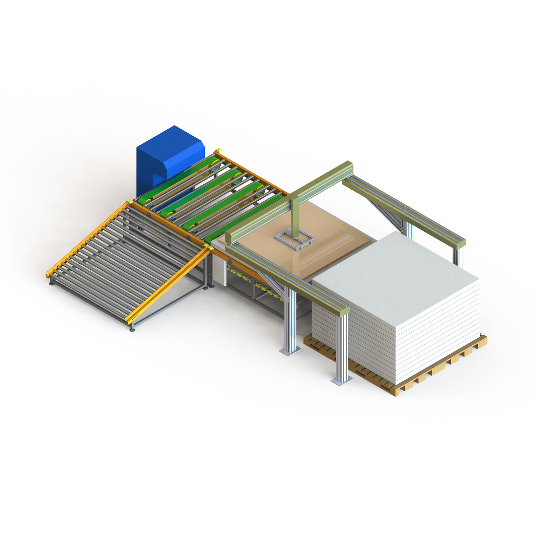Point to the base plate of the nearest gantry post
(342, 381)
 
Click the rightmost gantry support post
(458, 256)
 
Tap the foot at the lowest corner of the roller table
(132, 330)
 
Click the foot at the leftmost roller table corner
(51, 283)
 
